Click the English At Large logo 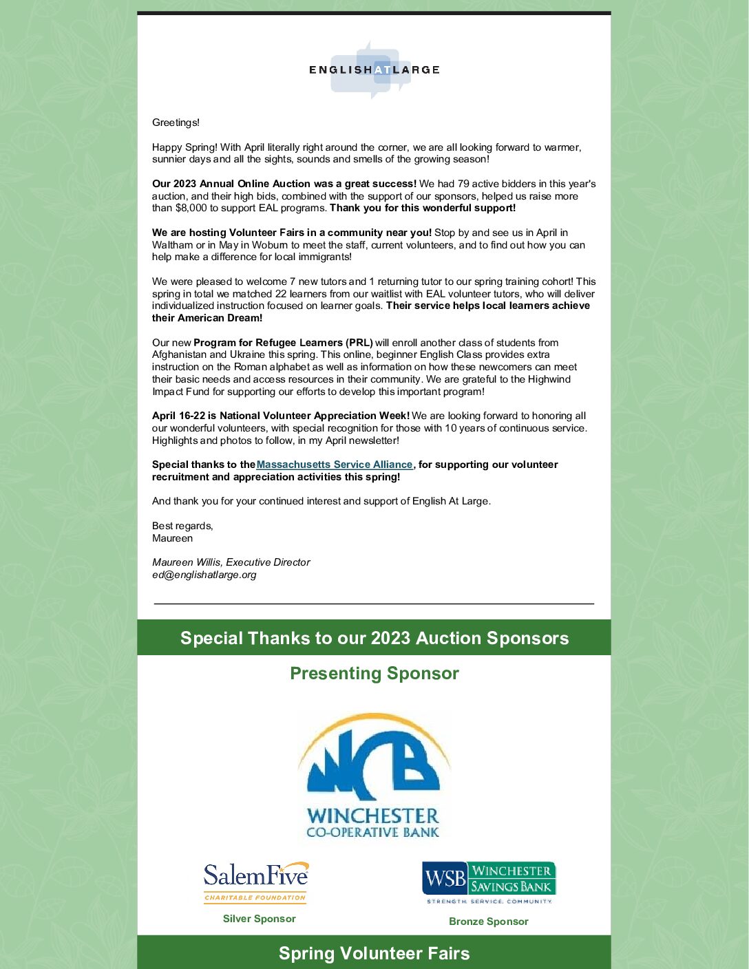coord(374,70)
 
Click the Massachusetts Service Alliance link coord(335,465)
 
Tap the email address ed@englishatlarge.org coord(204,575)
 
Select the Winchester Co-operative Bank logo coord(373,775)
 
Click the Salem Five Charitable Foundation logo coord(255,882)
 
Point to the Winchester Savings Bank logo coord(489,882)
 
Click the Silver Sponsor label coord(259,919)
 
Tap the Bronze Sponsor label coord(489,922)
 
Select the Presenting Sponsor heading coord(374,673)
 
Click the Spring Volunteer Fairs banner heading coord(374,953)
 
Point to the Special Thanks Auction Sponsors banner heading coord(374,638)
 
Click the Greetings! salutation coord(176,123)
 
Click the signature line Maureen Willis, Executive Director coord(231,562)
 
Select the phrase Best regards coord(182,526)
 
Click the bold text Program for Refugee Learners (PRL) coord(283,343)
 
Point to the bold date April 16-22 coord(178,416)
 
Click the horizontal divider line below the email coord(374,604)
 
